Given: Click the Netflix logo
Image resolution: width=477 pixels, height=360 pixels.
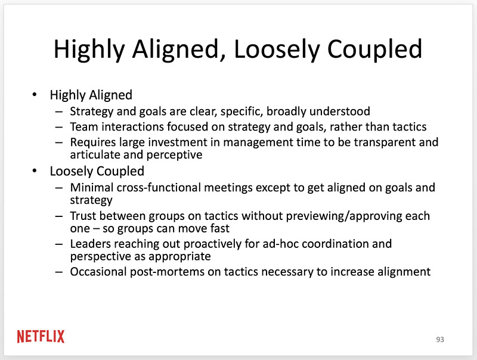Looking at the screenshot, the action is tap(41, 337).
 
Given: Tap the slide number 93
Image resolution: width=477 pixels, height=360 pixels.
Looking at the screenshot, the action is tap(440, 340).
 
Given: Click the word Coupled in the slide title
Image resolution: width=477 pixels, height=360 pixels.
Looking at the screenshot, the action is tap(374, 49).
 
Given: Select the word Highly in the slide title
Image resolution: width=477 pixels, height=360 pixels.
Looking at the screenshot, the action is tap(89, 50).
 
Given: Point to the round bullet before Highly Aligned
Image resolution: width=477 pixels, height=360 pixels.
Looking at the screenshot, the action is tap(35, 95).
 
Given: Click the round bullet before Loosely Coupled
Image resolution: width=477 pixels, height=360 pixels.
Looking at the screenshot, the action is tap(35, 171).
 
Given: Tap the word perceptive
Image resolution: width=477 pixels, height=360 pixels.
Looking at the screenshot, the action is tap(174, 155).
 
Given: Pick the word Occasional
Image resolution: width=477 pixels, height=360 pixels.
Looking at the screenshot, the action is tap(98, 272).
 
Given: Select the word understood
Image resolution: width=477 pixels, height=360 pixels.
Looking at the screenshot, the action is tap(339, 111).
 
